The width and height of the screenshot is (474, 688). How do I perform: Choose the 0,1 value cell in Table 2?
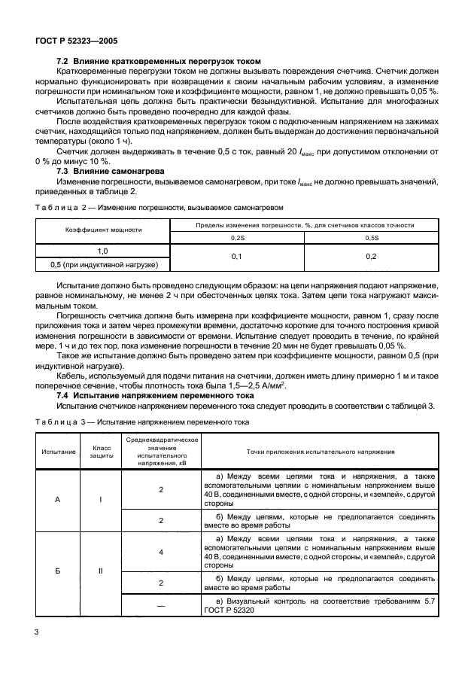pyautogui.click(x=237, y=257)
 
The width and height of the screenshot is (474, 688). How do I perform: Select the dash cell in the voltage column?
pyautogui.click(x=161, y=604)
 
